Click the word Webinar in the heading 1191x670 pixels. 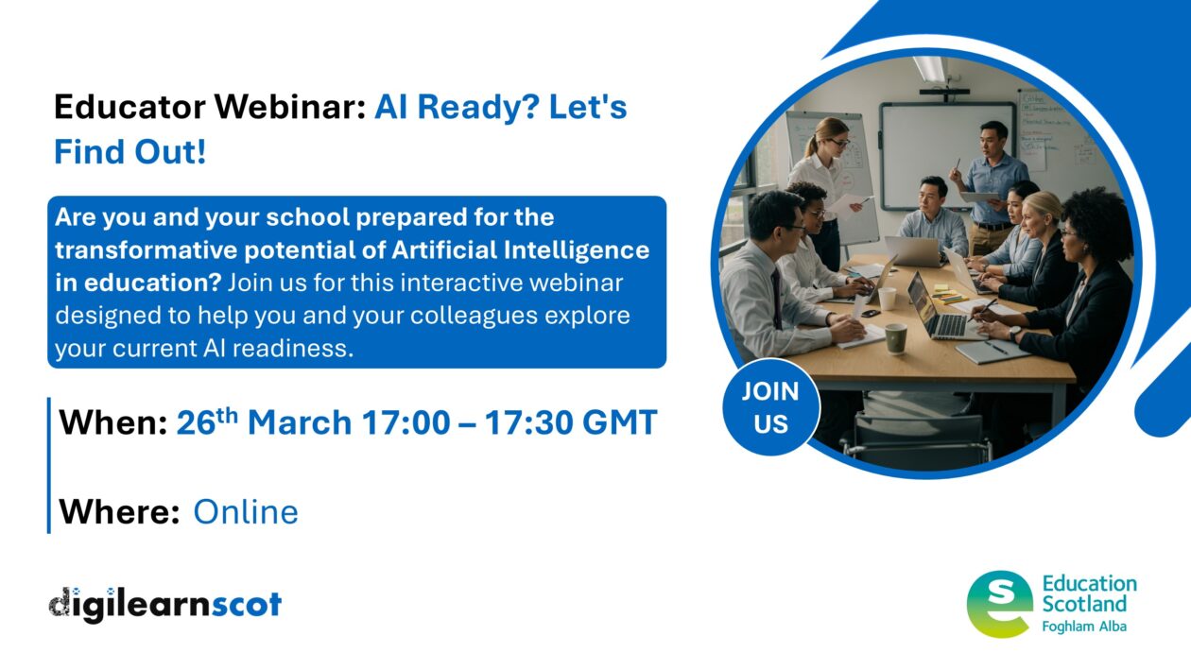pyautogui.click(x=292, y=108)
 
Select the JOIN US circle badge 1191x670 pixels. pyautogui.click(x=770, y=407)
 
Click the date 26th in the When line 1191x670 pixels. pyautogui.click(x=207, y=421)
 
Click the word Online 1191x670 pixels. pyautogui.click(x=246, y=512)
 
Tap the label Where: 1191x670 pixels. pyautogui.click(x=119, y=512)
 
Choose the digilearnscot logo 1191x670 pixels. pyautogui.click(x=165, y=603)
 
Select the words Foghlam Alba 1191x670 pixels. pyautogui.click(x=1083, y=626)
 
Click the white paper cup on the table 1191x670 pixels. pyautogui.click(x=887, y=299)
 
